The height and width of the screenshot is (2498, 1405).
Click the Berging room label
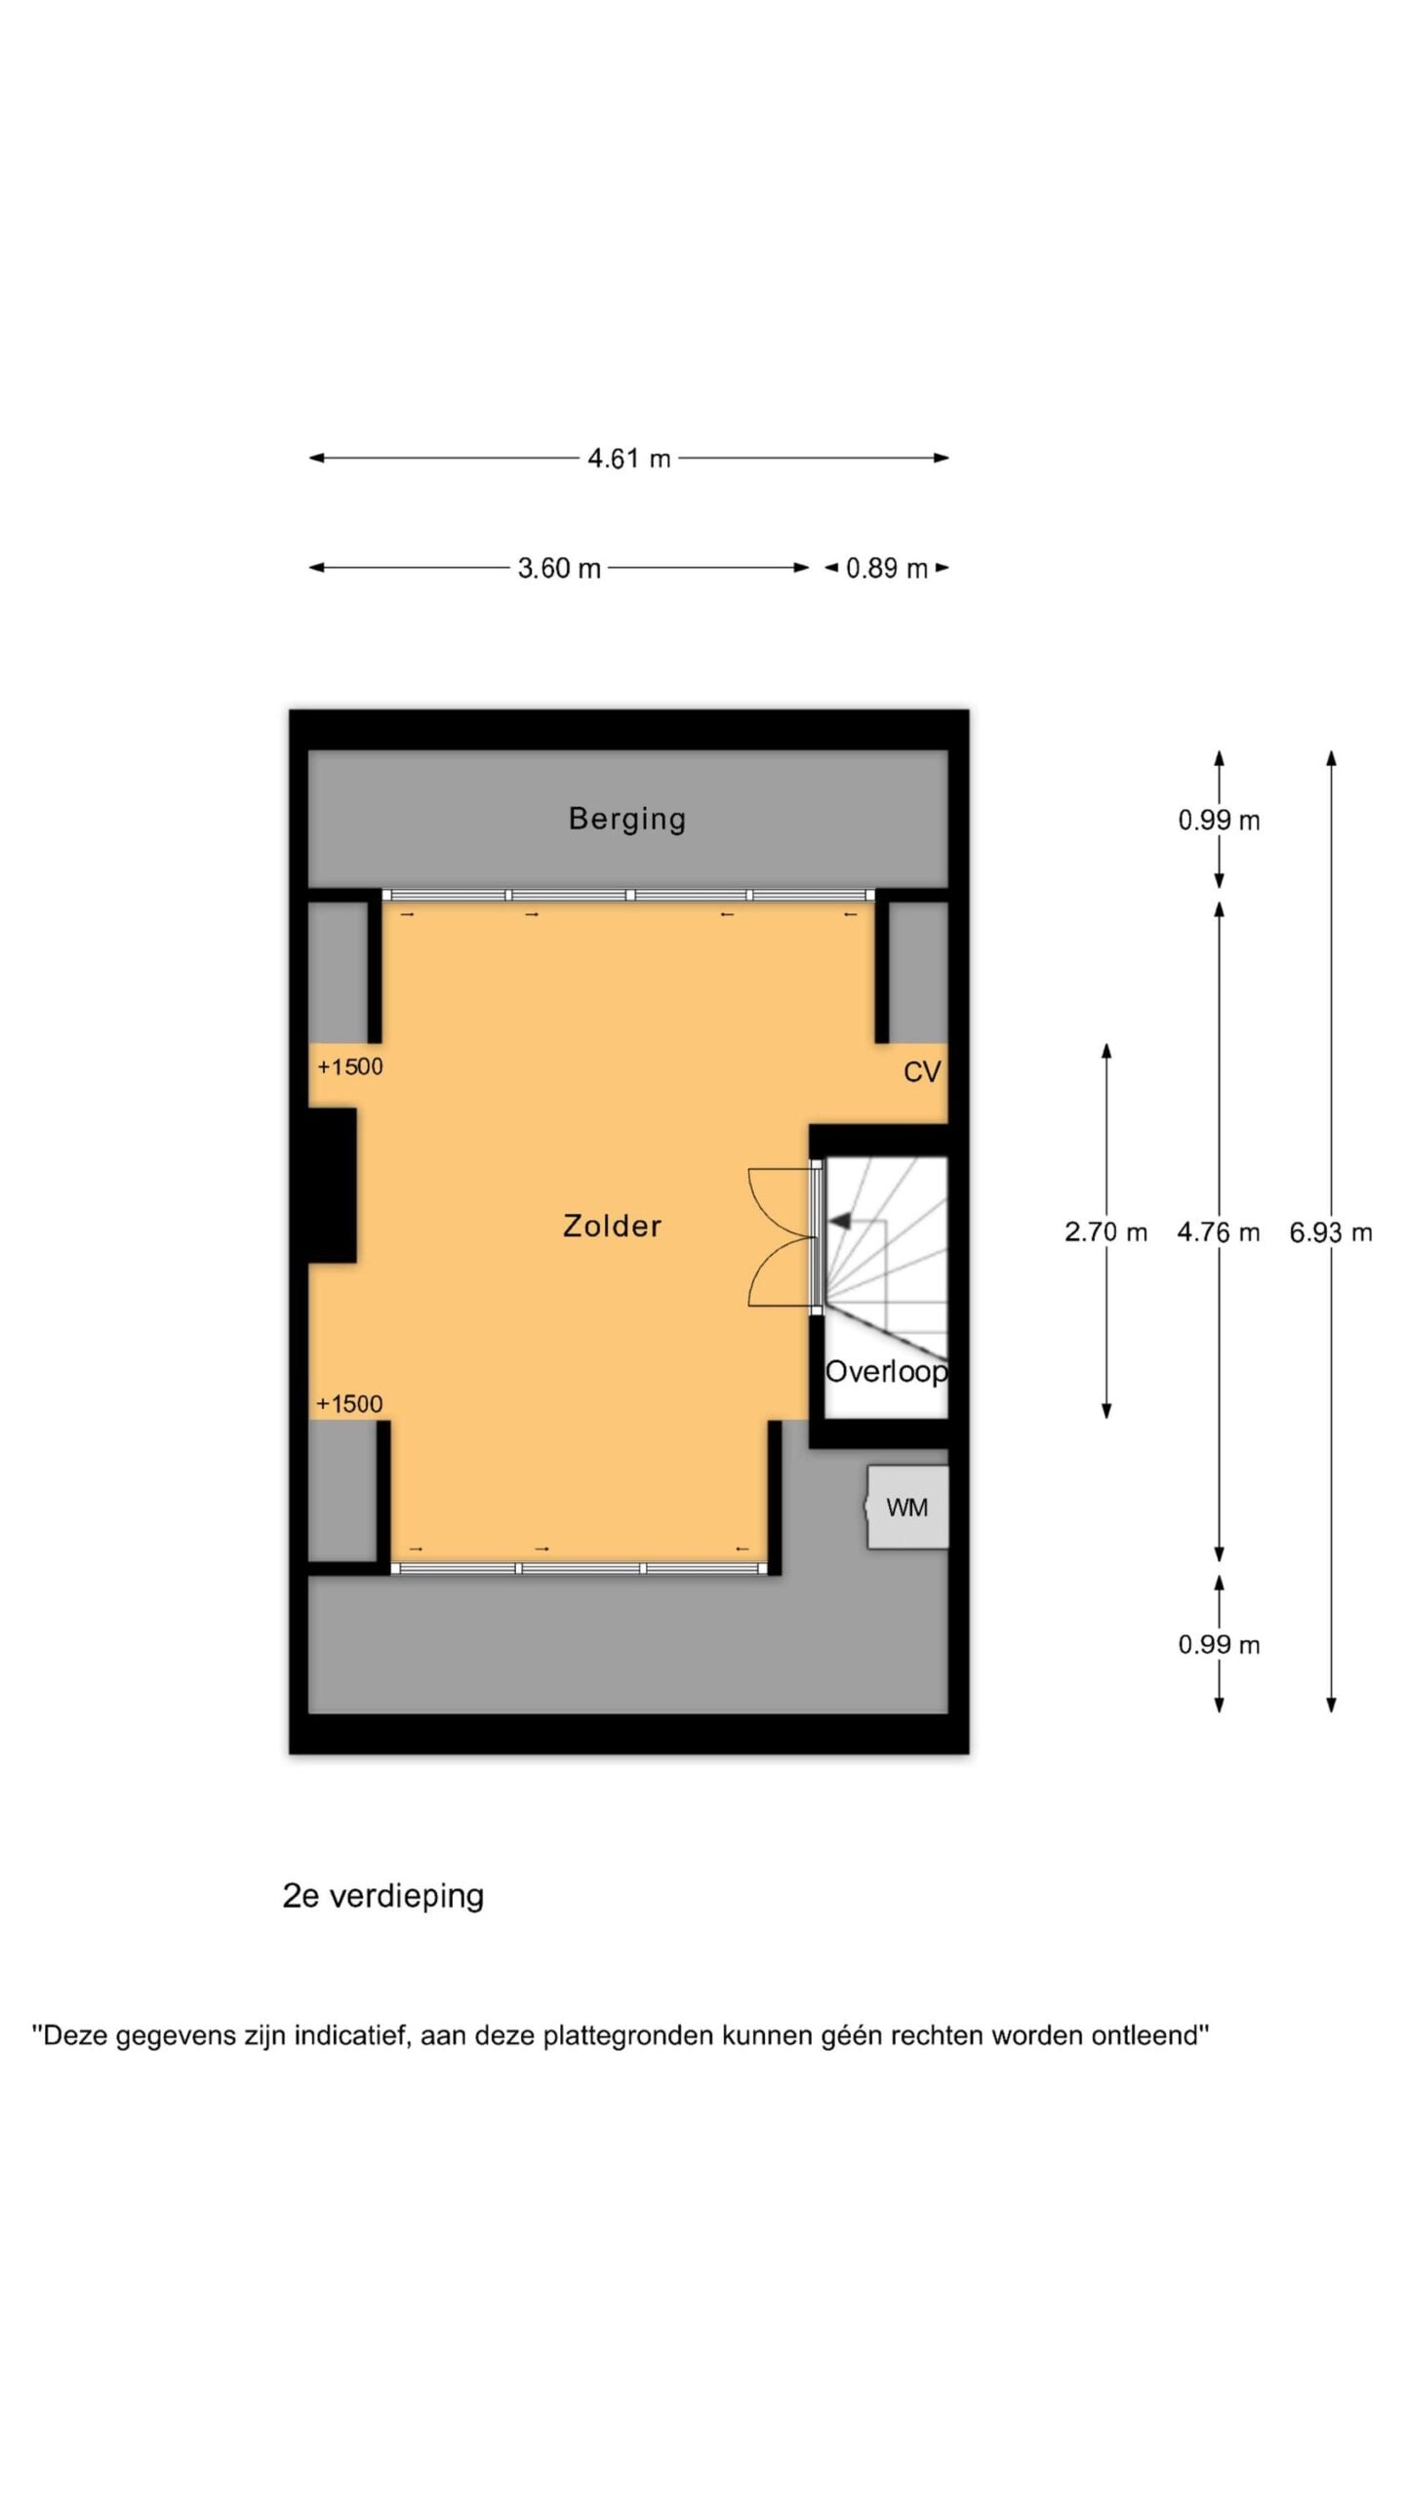click(627, 819)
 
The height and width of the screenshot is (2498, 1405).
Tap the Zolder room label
click(613, 1226)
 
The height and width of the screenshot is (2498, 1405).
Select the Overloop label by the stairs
click(886, 1372)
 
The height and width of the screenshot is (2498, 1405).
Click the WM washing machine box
click(907, 1507)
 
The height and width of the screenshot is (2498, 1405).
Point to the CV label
click(922, 1072)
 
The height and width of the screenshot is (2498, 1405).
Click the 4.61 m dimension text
click(629, 459)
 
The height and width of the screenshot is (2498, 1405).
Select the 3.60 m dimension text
click(559, 568)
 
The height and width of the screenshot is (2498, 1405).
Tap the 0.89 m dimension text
click(887, 568)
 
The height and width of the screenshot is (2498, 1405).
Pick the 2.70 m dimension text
click(1105, 1232)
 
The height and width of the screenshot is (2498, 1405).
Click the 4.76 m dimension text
click(1219, 1232)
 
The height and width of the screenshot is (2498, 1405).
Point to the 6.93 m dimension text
click(1331, 1232)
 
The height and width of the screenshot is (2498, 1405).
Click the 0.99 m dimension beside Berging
click(1219, 821)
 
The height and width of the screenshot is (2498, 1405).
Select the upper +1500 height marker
click(350, 1067)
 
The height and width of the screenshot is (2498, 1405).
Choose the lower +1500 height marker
click(349, 1404)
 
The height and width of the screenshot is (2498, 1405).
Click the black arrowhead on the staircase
click(840, 1220)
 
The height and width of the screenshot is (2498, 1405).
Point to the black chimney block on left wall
click(333, 1186)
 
